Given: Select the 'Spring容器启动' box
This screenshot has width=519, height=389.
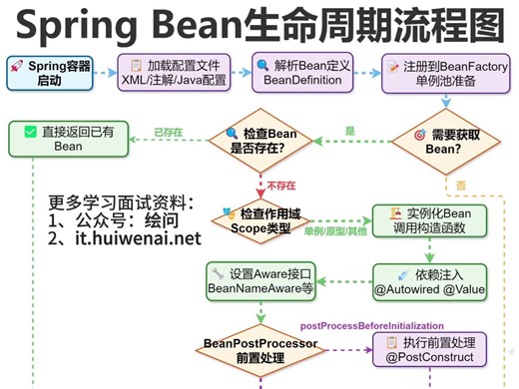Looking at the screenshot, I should pyautogui.click(x=59, y=73).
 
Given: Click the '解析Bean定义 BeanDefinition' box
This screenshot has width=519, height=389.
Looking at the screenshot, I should pyautogui.click(x=296, y=73).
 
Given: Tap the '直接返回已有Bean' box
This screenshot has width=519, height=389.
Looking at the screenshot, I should pyautogui.click(x=66, y=139).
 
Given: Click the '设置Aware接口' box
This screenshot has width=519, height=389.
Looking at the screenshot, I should pyautogui.click(x=261, y=280).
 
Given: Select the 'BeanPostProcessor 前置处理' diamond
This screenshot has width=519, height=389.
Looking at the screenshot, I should pyautogui.click(x=260, y=348).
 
